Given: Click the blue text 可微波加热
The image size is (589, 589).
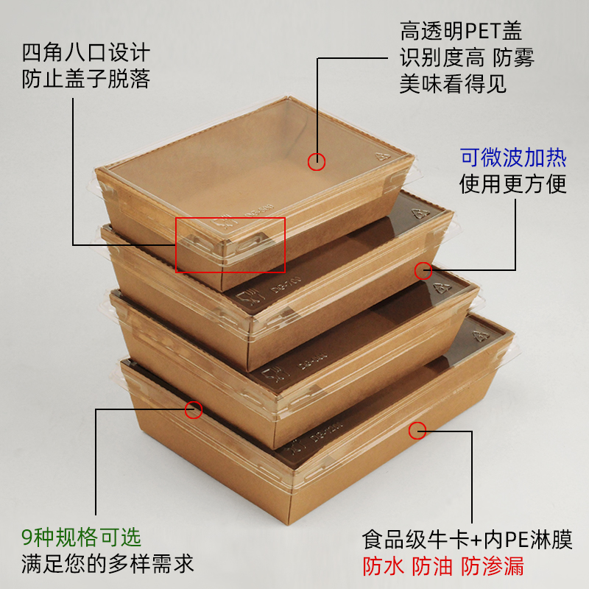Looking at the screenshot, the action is pos(513,158).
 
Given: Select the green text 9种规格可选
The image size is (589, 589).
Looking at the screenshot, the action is pos(81,537).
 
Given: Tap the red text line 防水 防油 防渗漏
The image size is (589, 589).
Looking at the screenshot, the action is pos(443,566).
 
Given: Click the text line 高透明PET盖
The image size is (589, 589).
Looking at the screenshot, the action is pos(461,31).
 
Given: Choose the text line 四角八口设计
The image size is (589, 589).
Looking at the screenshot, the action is pos(86,52).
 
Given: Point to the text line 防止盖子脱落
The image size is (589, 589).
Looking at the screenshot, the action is pos(86,79).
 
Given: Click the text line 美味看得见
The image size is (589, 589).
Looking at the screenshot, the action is pos(453,83).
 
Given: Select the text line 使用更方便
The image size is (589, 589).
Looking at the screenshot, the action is pos(512,183).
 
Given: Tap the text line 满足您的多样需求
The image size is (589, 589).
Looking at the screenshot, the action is pos(107,563).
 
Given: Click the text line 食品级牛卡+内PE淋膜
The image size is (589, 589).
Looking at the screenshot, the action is pos(468,540).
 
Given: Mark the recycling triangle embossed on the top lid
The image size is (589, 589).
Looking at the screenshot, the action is pos(383,156).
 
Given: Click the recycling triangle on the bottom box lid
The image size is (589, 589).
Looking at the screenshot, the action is pos(482,336).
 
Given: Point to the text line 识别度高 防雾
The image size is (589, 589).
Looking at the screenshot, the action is pos(467,57).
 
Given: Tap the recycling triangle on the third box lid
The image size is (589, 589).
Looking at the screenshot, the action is pos(443,288).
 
